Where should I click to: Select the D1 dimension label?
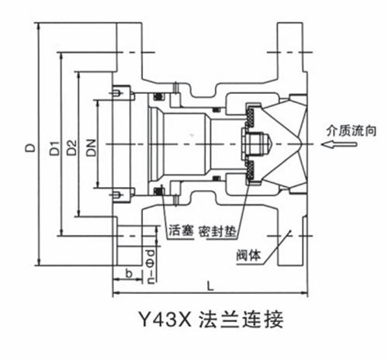click(54, 148)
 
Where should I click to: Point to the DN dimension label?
click(91, 148)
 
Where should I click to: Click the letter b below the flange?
click(129, 273)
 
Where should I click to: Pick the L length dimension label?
click(210, 286)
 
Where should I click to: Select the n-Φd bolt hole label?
click(151, 267)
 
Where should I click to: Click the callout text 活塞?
click(181, 230)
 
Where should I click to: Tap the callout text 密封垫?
click(217, 231)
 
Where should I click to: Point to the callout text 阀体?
click(248, 255)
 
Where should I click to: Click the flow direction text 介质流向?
click(351, 131)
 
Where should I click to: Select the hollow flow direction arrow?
click(339, 144)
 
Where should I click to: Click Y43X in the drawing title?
click(165, 319)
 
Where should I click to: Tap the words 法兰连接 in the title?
click(241, 320)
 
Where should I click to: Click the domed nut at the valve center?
click(258, 144)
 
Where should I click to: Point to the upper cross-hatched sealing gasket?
click(251, 118)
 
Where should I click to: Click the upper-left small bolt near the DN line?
click(117, 92)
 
